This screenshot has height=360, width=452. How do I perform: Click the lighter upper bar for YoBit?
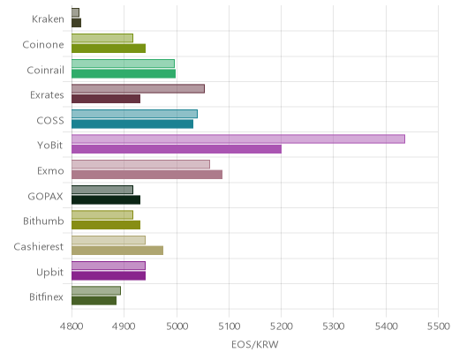coord(238,139)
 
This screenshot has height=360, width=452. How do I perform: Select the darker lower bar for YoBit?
coord(177,149)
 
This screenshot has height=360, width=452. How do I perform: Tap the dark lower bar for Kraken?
coord(77,23)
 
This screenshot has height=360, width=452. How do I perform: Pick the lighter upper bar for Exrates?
coord(138,88)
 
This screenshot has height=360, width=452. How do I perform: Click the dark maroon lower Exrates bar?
coord(106,99)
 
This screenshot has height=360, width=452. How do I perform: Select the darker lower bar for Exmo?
coord(147,175)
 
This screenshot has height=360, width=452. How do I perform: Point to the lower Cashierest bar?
coord(117,251)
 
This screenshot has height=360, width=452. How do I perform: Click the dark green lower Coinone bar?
coord(109,49)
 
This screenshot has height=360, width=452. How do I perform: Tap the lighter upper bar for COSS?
coord(134,114)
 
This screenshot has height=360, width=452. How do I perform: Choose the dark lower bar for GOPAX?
coord(106,199)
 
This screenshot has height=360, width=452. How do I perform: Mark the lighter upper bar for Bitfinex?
coord(96,290)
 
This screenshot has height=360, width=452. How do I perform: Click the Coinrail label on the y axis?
coord(45,71)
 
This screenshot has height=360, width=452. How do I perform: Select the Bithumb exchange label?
coord(43,221)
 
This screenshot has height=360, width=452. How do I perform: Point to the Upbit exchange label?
coord(49,273)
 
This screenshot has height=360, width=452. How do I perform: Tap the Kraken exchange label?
coord(48,19)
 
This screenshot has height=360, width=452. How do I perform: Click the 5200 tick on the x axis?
coord(282,326)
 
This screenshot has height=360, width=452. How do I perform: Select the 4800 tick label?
coord(72,326)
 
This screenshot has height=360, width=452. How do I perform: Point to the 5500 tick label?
coord(439,326)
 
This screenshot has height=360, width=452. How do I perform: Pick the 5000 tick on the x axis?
coord(177,326)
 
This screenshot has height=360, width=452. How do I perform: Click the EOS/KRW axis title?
coord(255,344)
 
